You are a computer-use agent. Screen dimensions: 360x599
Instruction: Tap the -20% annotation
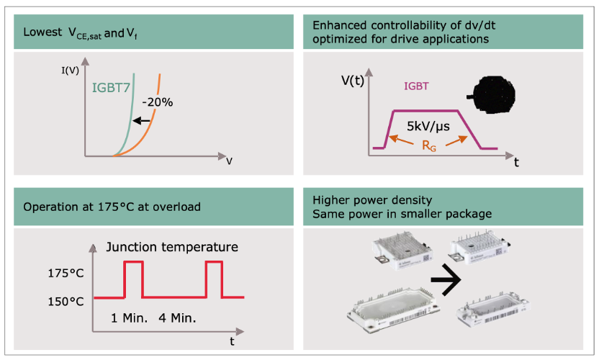(x=156, y=102)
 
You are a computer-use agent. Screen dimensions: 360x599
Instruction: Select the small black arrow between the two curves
(x=144, y=120)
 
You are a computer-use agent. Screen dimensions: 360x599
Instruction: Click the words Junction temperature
(x=172, y=247)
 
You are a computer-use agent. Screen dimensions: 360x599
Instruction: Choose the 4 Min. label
(x=176, y=317)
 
